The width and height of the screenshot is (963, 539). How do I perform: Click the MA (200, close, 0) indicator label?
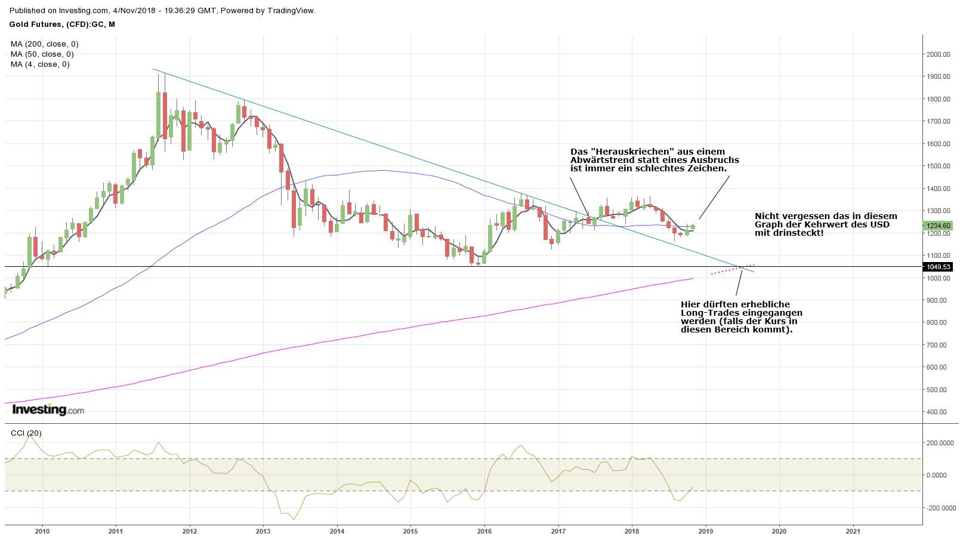(x=44, y=44)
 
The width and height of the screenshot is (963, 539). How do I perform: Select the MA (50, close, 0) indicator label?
(x=42, y=54)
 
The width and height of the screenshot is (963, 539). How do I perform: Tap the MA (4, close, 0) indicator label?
(x=40, y=64)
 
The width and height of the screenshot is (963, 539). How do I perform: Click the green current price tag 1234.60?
(x=938, y=226)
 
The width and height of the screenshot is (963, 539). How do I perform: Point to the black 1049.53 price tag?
(x=938, y=267)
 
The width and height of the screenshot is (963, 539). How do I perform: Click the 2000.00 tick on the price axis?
(x=938, y=54)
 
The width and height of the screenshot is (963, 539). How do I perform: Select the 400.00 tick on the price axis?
(x=936, y=412)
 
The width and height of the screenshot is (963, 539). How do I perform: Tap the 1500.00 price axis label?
(x=938, y=166)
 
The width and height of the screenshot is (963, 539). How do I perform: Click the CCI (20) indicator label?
(x=26, y=433)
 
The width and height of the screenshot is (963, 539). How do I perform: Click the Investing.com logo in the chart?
(x=48, y=409)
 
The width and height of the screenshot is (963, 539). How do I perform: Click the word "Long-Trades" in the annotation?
(x=708, y=313)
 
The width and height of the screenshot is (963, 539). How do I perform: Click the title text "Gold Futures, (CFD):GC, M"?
(x=62, y=24)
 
